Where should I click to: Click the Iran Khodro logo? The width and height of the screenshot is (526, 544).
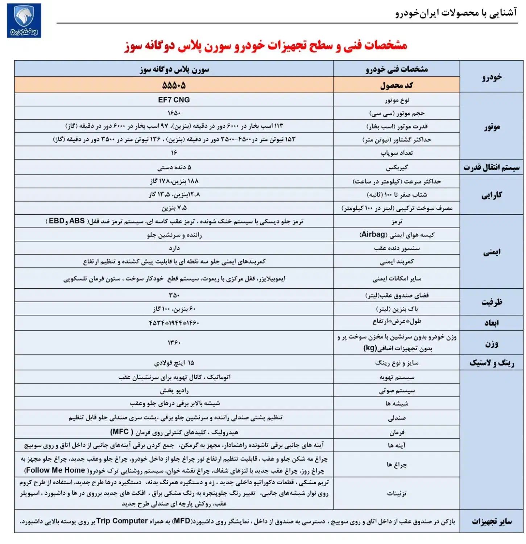click(24, 20)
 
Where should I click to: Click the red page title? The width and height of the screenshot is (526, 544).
click(266, 46)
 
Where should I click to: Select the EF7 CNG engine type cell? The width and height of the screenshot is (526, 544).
click(174, 100)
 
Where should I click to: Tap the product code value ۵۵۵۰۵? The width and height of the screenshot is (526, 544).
click(174, 86)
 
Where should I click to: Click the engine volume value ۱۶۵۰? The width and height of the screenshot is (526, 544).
click(174, 113)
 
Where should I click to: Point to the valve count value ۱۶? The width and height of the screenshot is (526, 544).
click(174, 153)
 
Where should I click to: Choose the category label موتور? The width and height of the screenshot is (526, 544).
click(492, 127)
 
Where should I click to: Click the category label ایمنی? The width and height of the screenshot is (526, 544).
click(492, 252)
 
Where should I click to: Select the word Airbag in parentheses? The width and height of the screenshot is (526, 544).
click(373, 235)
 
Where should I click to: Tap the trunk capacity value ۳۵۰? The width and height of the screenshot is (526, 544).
click(174, 295)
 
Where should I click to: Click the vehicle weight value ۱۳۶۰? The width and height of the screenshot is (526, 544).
click(174, 342)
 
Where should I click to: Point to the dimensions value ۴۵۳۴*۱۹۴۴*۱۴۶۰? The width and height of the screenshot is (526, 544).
click(174, 323)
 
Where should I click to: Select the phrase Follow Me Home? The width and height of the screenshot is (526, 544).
click(55, 470)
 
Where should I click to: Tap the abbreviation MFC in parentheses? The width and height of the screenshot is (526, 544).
click(120, 432)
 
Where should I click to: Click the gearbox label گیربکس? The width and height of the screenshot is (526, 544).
click(397, 168)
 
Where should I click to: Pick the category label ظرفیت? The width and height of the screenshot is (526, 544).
click(492, 302)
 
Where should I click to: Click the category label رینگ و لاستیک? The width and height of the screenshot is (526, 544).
click(492, 363)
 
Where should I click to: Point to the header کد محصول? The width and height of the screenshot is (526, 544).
click(397, 86)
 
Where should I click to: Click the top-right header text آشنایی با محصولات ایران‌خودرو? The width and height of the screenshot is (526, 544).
click(456, 13)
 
